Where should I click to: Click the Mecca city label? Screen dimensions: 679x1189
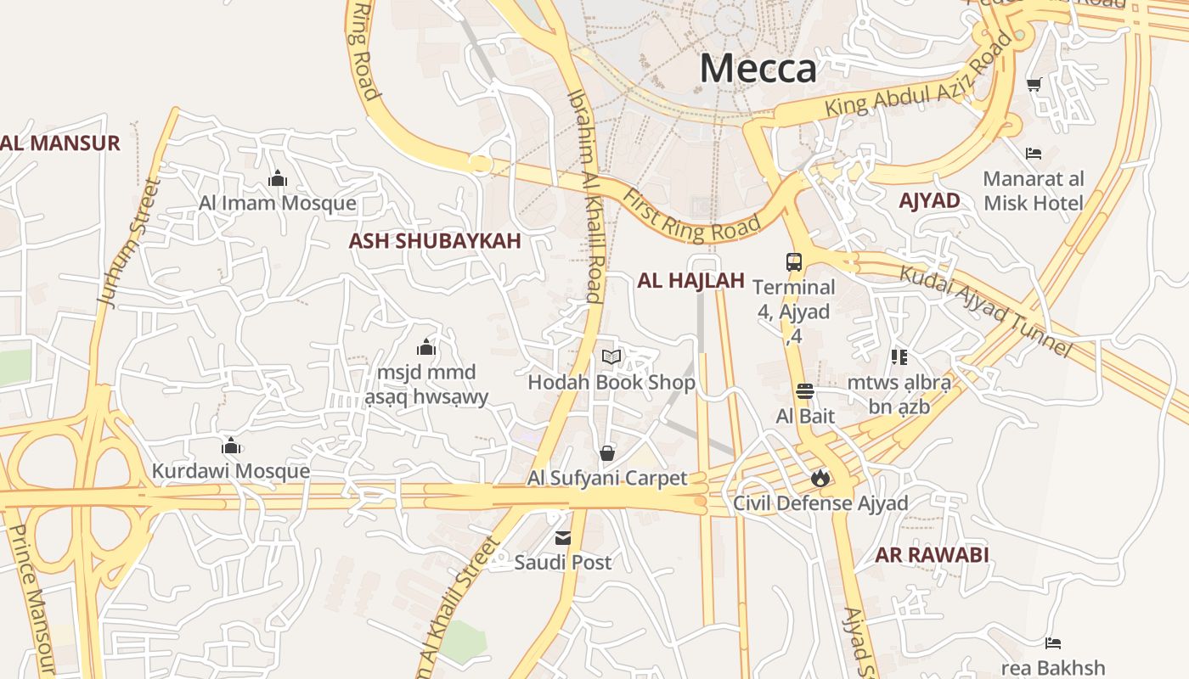(x=758, y=68)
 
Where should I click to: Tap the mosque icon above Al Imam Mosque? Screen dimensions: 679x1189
(x=278, y=179)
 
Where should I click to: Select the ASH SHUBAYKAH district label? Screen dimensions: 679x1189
(x=434, y=241)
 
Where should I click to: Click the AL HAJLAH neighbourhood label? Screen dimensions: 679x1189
(x=690, y=280)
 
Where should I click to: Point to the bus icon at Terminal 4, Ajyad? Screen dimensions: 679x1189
(x=794, y=262)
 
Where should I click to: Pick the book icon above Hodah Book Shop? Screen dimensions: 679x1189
(x=611, y=357)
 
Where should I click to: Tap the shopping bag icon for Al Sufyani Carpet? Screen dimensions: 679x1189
(x=606, y=453)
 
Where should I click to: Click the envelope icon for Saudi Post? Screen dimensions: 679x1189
(x=562, y=537)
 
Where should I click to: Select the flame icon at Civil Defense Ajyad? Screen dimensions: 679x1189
(x=820, y=479)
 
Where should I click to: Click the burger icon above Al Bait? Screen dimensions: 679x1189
(x=805, y=391)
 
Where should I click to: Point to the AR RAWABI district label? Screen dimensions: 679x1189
(x=932, y=555)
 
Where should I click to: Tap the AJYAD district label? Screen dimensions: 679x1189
(x=929, y=200)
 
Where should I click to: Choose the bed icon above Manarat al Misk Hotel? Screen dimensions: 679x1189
(x=1034, y=154)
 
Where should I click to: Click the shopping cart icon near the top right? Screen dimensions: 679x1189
(x=1034, y=84)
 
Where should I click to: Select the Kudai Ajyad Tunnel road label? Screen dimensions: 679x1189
(x=986, y=311)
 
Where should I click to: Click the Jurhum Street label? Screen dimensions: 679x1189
(x=129, y=243)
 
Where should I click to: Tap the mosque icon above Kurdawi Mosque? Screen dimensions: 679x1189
(x=231, y=446)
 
